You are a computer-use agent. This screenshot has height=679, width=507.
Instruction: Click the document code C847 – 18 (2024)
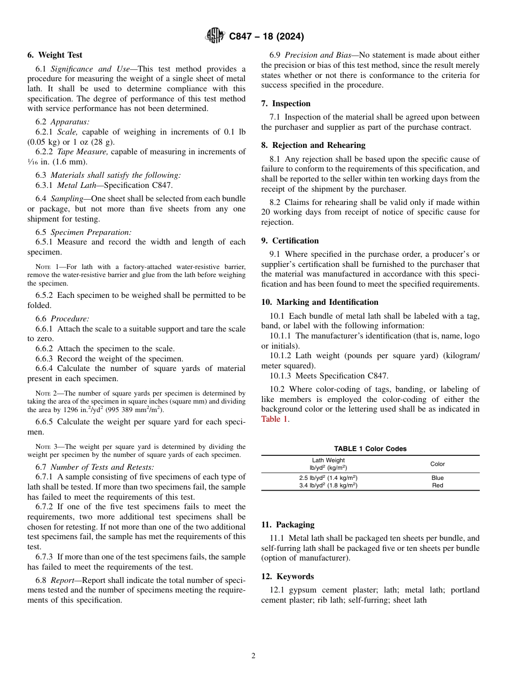coord(266,37)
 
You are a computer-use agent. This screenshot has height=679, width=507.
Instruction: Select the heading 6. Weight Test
coord(55,55)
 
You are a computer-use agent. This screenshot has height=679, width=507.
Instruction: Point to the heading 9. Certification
coord(290,241)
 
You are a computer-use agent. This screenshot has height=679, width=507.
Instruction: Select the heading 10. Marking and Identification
coord(320,302)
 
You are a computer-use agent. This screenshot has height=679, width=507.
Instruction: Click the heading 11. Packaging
coord(288,525)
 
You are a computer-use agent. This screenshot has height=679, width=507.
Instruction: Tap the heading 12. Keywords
coord(287,577)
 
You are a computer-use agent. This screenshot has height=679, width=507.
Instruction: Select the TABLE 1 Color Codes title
coord(370,449)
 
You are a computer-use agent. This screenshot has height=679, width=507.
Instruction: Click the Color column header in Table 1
coord(437,464)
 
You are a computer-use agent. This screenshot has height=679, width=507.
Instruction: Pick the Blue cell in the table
coord(437,478)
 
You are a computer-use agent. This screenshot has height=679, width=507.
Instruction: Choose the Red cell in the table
coord(437,485)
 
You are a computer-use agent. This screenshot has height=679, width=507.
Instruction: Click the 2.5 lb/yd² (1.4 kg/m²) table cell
coord(328,478)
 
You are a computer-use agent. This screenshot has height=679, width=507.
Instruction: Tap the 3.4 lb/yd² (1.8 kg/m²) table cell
coord(328,485)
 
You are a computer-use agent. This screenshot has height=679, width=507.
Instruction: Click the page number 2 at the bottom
coord(253,656)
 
